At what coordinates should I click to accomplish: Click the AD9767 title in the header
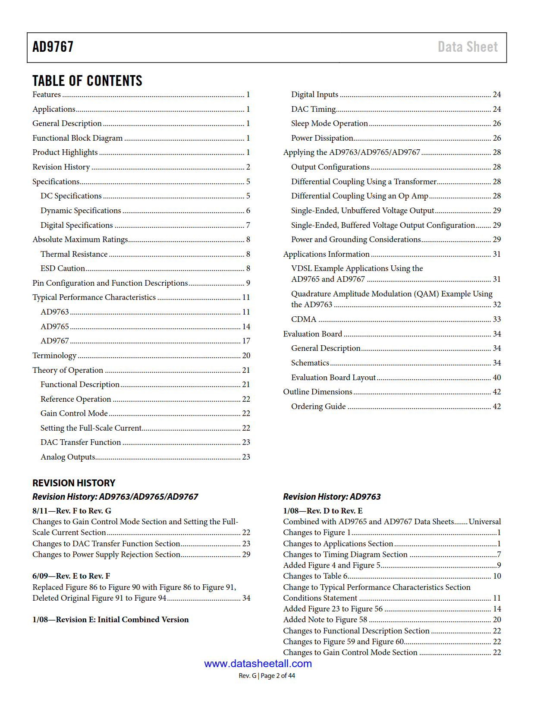tap(53, 47)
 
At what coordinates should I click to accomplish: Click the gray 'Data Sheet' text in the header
tap(467, 47)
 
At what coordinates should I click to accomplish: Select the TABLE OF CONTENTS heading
tap(87, 81)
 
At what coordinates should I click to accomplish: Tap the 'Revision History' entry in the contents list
tap(61, 167)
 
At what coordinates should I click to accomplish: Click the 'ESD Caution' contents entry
tap(63, 268)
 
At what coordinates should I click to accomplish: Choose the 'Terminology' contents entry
tap(54, 356)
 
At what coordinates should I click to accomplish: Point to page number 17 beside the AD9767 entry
tap(246, 341)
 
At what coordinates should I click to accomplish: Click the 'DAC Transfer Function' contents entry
tap(81, 442)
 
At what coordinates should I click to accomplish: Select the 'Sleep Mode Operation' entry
tap(329, 123)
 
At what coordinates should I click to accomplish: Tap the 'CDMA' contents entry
tap(304, 319)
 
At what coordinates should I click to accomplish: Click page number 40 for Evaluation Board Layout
tap(497, 378)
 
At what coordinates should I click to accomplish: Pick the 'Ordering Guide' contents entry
tap(318, 406)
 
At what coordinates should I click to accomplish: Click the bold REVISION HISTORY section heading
tap(74, 483)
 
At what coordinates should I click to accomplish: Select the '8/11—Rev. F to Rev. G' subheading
tap(72, 511)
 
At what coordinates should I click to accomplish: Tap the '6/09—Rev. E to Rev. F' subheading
tap(71, 576)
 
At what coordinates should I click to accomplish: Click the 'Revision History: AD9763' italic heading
tap(332, 497)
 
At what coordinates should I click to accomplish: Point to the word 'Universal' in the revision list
tap(484, 522)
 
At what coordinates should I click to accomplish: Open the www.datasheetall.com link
tap(258, 664)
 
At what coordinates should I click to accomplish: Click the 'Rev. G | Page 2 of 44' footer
tap(267, 676)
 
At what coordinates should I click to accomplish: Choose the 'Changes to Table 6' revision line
tap(315, 576)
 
